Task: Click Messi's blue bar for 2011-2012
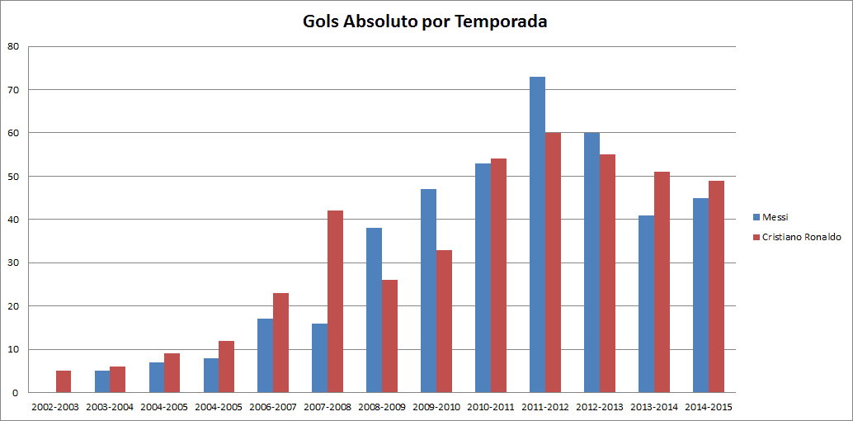[537, 234]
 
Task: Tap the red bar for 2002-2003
[64, 381]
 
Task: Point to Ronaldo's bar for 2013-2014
[662, 281]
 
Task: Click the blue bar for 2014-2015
[700, 295]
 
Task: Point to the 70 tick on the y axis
[13, 89]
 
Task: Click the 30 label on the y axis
[13, 263]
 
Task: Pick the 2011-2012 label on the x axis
[544, 407]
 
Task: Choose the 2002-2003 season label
[55, 407]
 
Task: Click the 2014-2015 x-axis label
[708, 407]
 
